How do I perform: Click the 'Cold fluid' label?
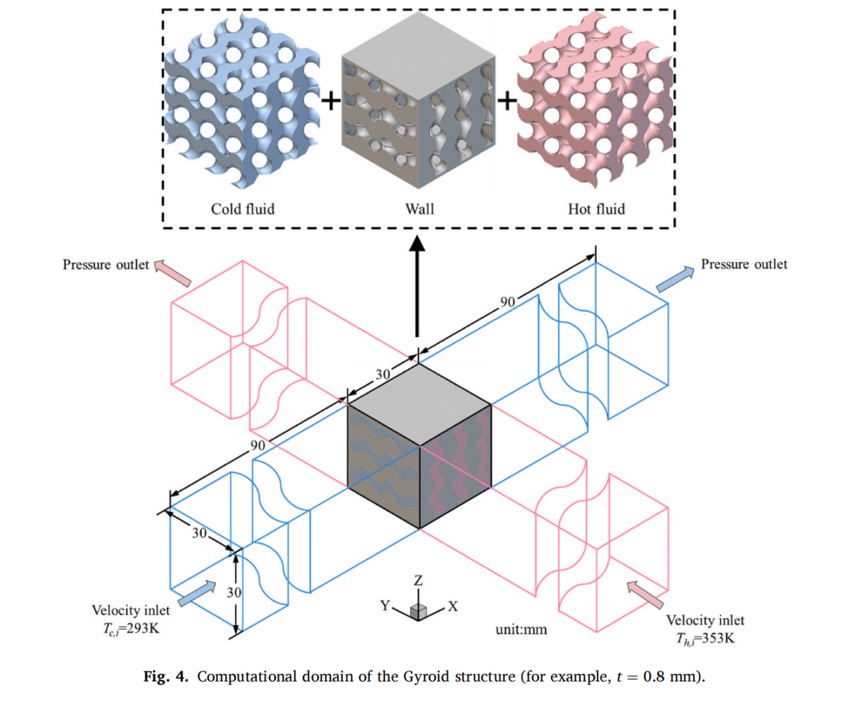(242, 209)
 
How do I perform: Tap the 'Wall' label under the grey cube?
(419, 209)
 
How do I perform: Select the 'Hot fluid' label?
(596, 209)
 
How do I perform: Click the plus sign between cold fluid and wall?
(330, 102)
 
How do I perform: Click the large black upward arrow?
(418, 283)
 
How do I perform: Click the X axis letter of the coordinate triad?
(453, 607)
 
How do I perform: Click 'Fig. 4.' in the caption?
(167, 676)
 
